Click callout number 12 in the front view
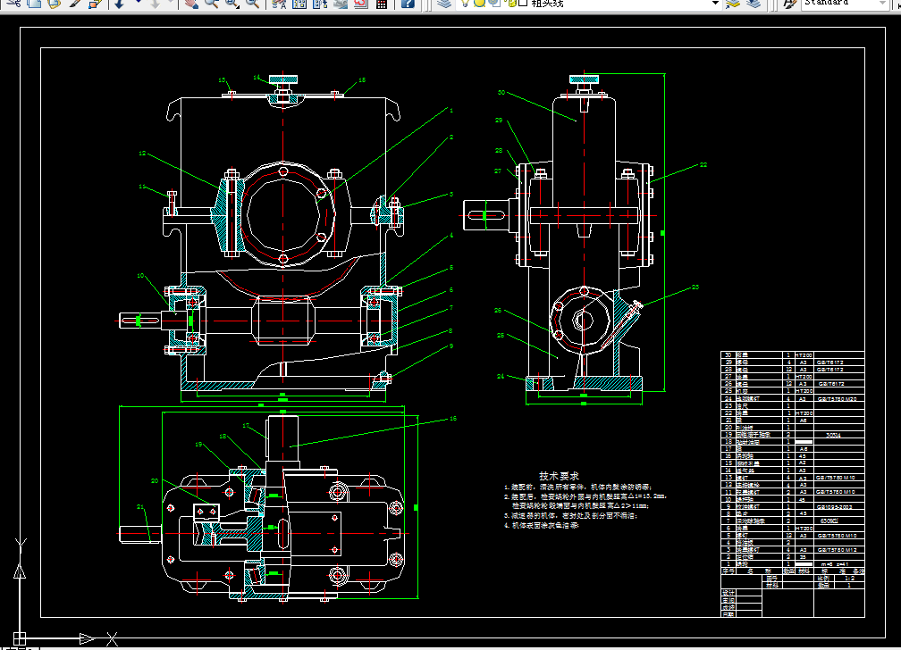pyautogui.click(x=141, y=154)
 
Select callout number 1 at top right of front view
pyautogui.click(x=451, y=110)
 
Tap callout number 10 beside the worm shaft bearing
pyautogui.click(x=140, y=276)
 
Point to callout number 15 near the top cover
pyautogui.click(x=362, y=80)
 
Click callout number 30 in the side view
pyautogui.click(x=501, y=92)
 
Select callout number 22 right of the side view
pyautogui.click(x=703, y=164)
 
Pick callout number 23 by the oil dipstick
pyautogui.click(x=695, y=287)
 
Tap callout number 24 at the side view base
pyautogui.click(x=501, y=376)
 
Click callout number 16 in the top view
pyautogui.click(x=453, y=418)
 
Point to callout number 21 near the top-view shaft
pyautogui.click(x=140, y=506)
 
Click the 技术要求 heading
pyautogui.click(x=559, y=475)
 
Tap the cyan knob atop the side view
pyautogui.click(x=584, y=79)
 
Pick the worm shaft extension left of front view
pyautogui.click(x=139, y=320)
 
